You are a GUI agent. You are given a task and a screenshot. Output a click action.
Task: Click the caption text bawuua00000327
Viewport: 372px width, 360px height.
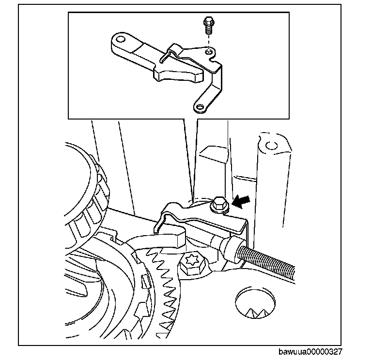tap(310, 353)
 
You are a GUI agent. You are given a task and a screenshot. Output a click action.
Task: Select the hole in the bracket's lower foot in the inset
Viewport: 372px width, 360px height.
tap(199, 105)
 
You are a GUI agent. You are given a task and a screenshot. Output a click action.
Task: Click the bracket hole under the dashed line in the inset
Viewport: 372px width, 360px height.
tap(208, 50)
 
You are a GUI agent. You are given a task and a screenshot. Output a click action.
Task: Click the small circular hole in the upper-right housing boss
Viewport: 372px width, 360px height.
tap(270, 144)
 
